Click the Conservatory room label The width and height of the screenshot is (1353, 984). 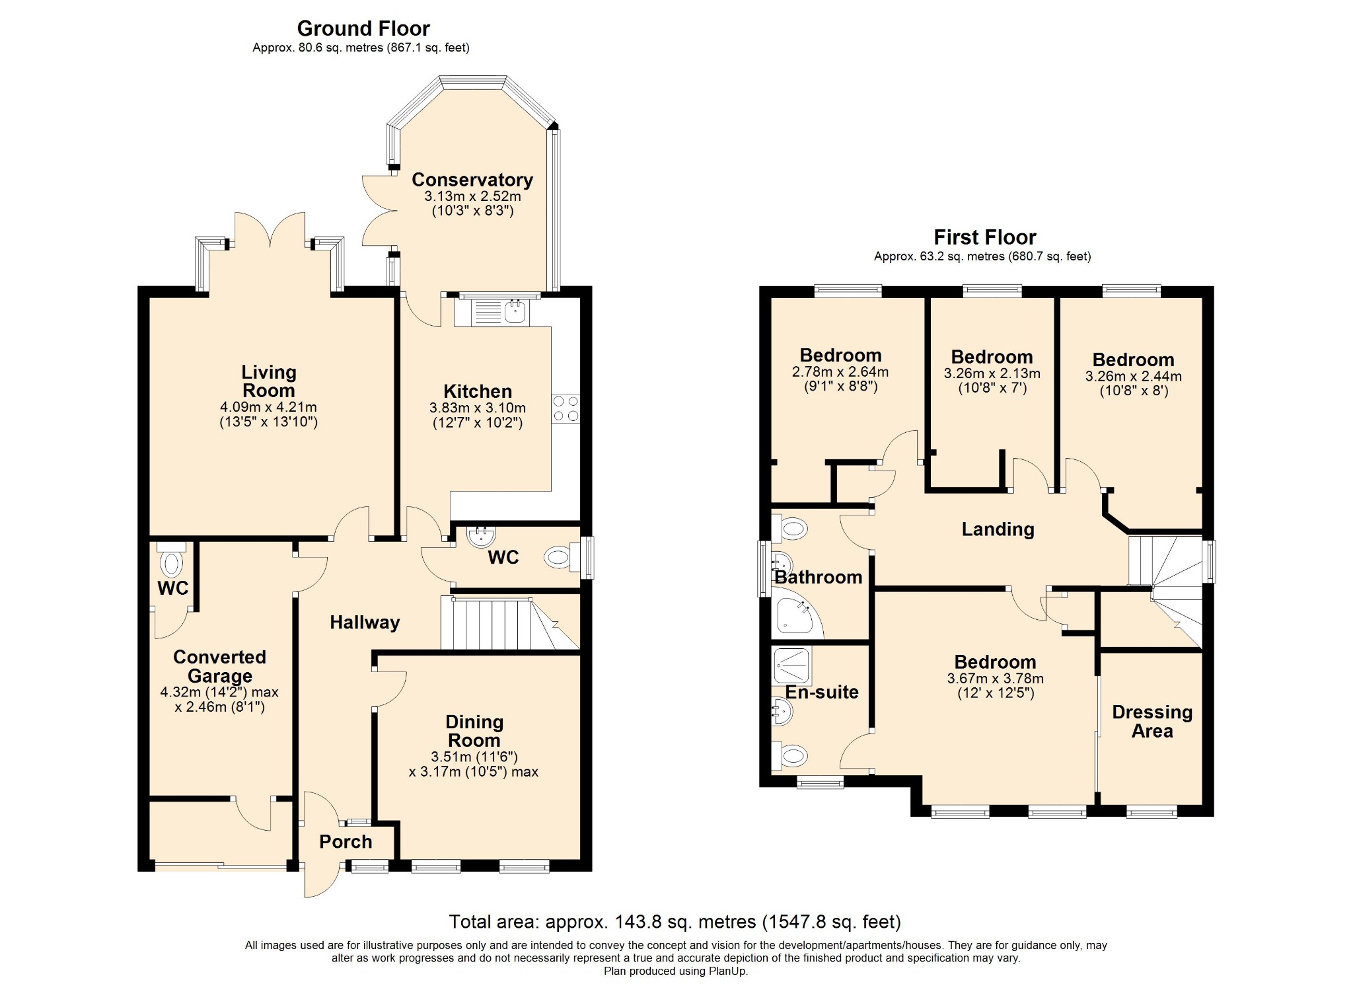[x=472, y=180]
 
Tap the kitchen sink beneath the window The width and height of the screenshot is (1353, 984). [x=500, y=312]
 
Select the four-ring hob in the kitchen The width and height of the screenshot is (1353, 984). [x=566, y=408]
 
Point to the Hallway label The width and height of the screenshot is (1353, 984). [x=365, y=623]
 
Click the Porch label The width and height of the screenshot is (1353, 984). [x=346, y=842]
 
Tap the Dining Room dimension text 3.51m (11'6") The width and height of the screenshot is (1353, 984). [x=474, y=757]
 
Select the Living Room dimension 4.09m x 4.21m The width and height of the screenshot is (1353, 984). [x=268, y=407]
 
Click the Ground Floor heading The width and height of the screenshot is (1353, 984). [x=363, y=28]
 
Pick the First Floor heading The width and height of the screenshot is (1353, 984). [x=985, y=237]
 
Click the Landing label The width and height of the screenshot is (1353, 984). [x=998, y=529]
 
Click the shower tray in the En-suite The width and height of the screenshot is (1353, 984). [x=791, y=665]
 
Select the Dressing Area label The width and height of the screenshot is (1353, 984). [x=1152, y=722]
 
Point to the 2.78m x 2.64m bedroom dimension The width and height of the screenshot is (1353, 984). [x=840, y=372]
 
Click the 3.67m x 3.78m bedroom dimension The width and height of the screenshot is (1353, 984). [x=996, y=679]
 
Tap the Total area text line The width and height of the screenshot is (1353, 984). [x=675, y=922]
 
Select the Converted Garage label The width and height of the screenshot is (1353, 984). [x=220, y=666]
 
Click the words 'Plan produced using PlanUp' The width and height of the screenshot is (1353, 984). [x=676, y=971]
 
